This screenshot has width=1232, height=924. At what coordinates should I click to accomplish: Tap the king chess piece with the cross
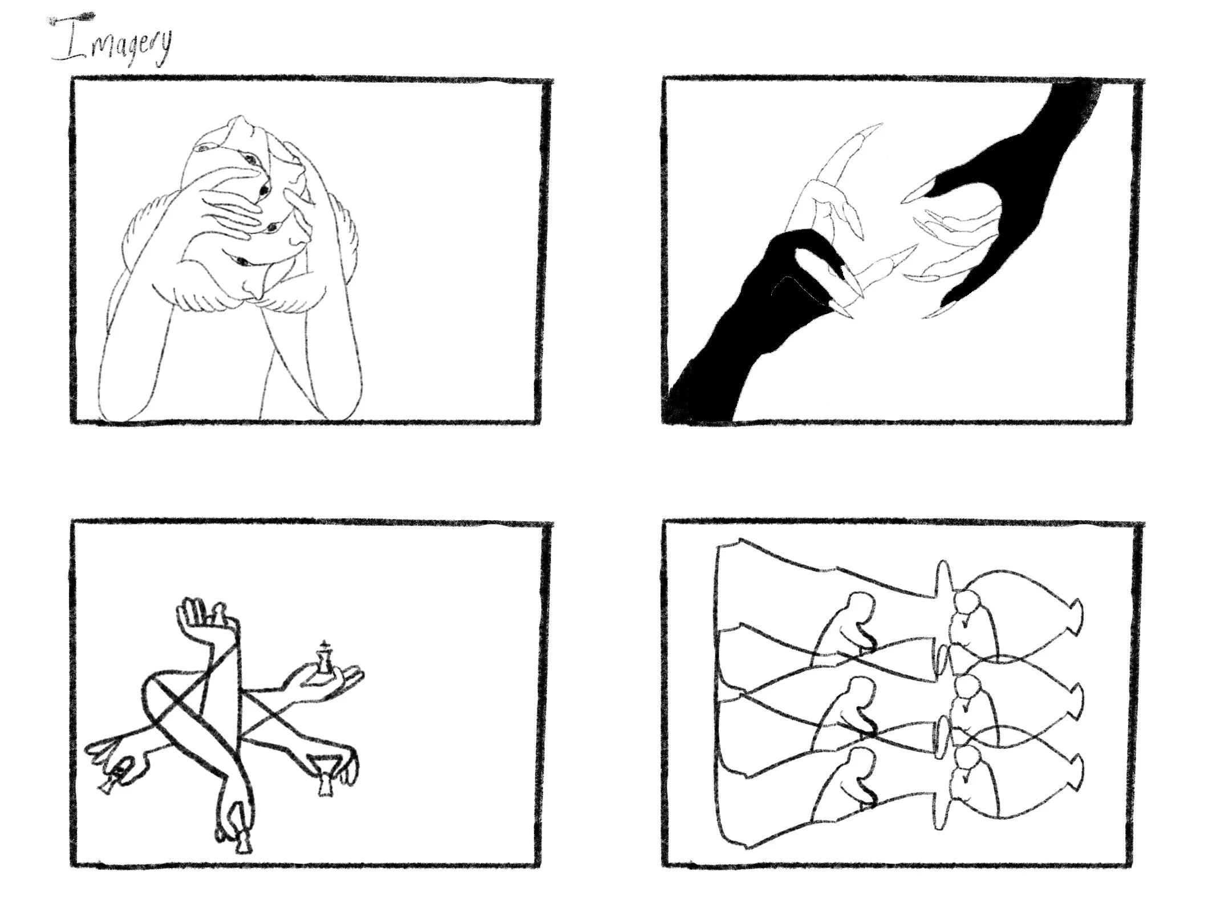click(324, 658)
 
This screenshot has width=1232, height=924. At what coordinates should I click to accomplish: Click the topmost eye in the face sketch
click(202, 148)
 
